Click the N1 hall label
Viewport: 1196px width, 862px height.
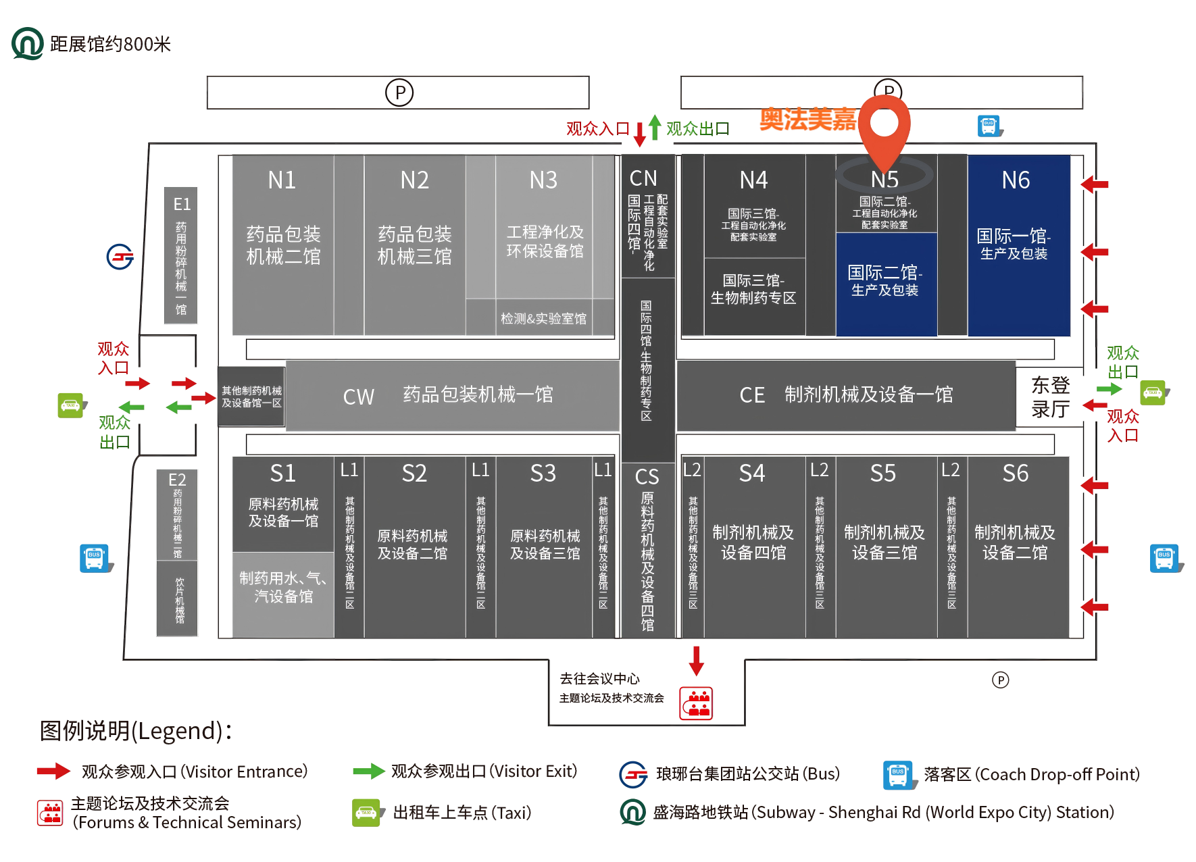pos(282,180)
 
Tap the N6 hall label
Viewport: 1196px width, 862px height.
pos(1016,180)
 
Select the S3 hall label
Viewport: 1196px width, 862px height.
pos(543,474)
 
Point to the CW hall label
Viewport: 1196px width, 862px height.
pos(358,397)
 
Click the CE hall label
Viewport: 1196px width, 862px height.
pos(752,395)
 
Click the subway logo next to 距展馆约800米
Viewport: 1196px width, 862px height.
pos(27,43)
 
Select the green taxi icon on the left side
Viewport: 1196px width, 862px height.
pos(71,405)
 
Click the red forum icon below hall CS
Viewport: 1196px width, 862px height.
pos(697,703)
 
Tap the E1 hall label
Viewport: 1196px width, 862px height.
pos(182,204)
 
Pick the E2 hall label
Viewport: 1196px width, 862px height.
pos(177,480)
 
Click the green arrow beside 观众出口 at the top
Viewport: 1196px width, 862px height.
pos(654,127)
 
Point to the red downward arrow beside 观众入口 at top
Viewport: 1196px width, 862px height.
pos(639,134)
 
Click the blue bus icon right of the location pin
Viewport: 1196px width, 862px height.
pos(989,126)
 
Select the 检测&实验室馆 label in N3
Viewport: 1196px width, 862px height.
pos(543,318)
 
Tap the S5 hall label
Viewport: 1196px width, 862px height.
pos(883,474)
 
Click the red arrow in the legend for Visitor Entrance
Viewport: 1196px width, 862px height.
pos(53,771)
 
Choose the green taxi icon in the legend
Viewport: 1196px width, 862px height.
pos(366,812)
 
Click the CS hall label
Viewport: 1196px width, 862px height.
pos(647,477)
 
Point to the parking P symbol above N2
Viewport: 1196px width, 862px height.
pos(399,92)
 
